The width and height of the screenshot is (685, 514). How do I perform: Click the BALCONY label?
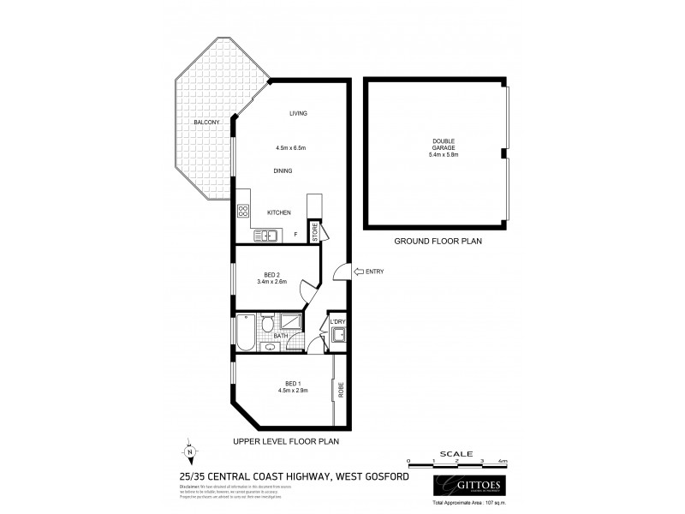point(206,123)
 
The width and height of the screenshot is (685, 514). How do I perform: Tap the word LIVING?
point(298,114)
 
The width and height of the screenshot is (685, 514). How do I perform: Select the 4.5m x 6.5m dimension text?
point(291,148)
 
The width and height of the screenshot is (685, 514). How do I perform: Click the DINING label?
point(283,171)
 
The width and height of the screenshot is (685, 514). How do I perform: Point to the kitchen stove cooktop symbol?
point(243,212)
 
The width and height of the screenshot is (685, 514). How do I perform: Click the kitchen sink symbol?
point(265,234)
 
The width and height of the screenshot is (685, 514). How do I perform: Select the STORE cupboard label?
point(315,231)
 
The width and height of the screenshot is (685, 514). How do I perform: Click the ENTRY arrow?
point(340,272)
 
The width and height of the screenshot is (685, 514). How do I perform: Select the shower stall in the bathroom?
point(289,321)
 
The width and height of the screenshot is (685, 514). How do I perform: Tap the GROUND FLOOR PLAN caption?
point(438,242)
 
